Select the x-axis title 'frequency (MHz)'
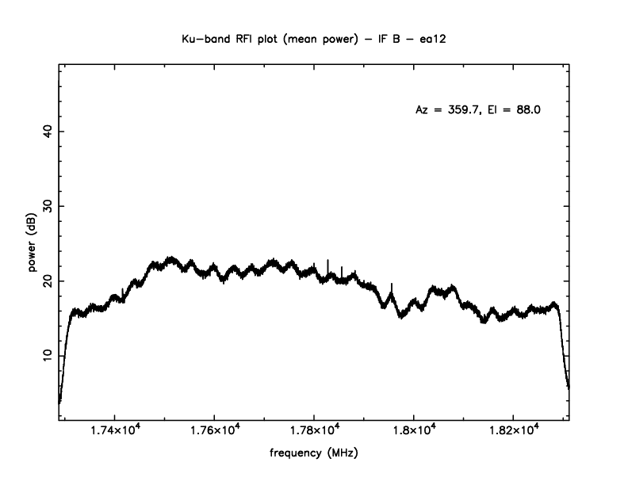tap(313, 454)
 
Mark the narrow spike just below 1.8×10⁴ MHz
tap(392, 285)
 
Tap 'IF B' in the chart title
tap(379, 37)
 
